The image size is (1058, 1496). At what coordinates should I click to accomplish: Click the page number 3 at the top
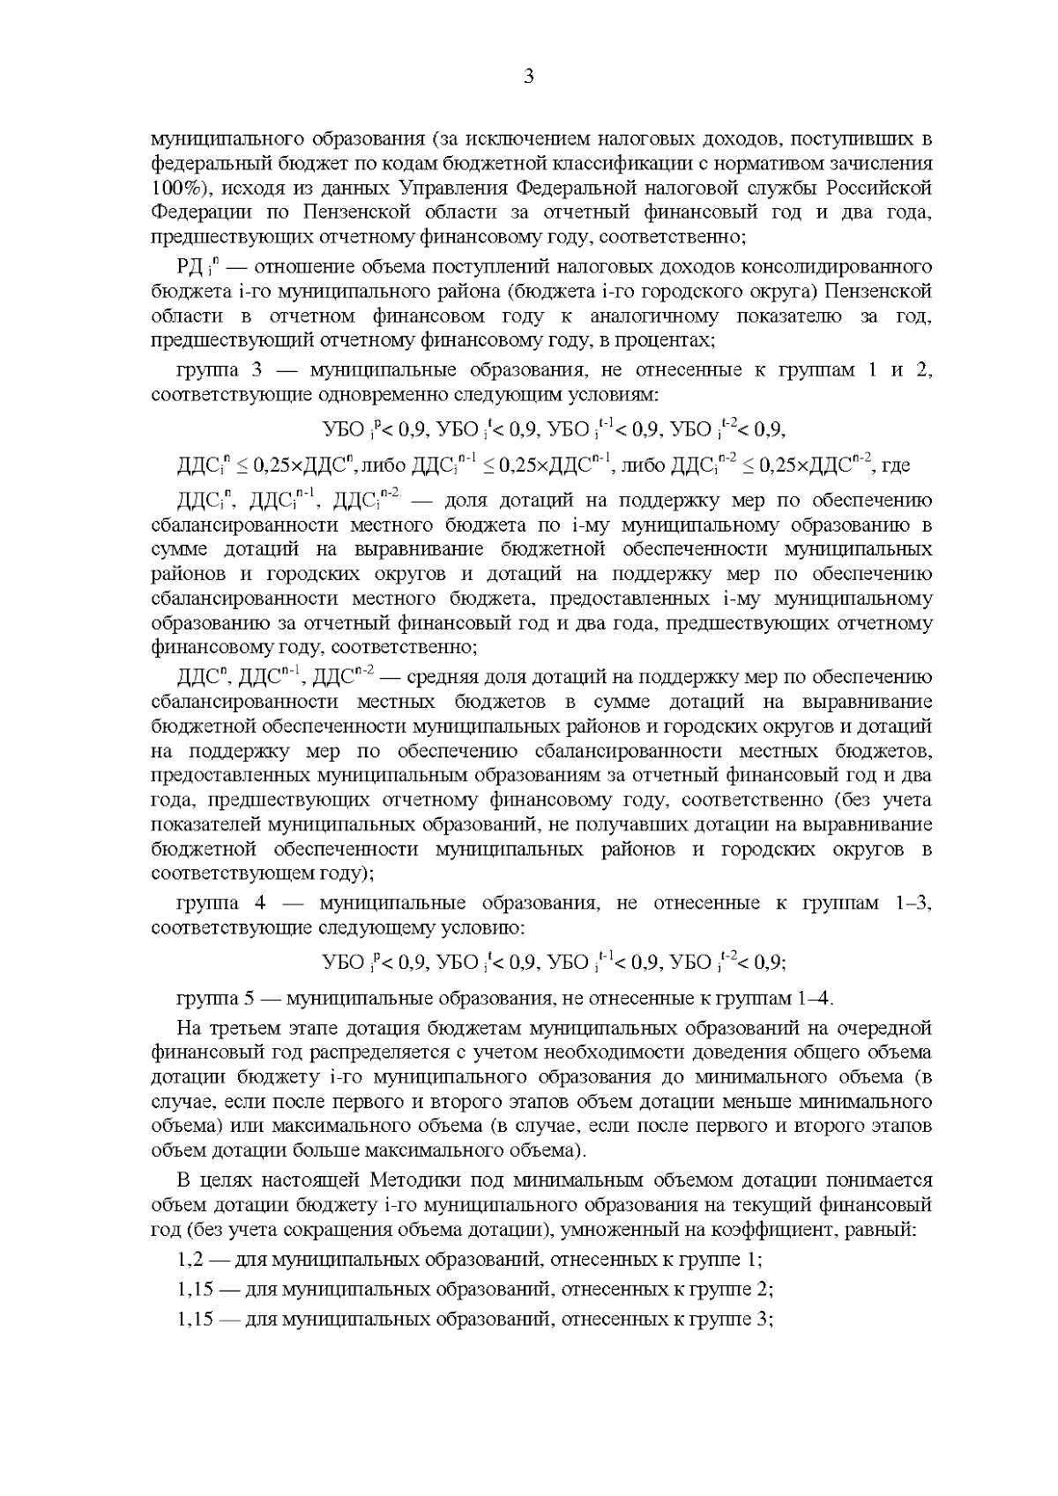528,77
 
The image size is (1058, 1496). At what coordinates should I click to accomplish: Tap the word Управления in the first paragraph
451,188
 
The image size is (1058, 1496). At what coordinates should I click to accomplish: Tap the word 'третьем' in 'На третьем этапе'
243,1029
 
